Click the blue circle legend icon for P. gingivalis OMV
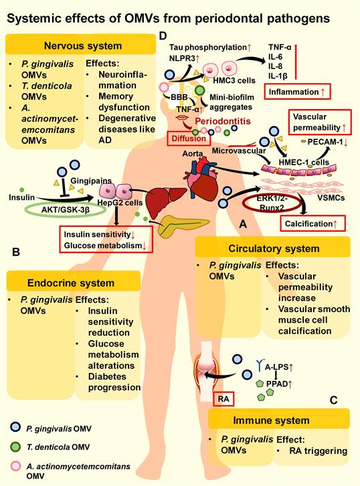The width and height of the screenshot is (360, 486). pos(13,426)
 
